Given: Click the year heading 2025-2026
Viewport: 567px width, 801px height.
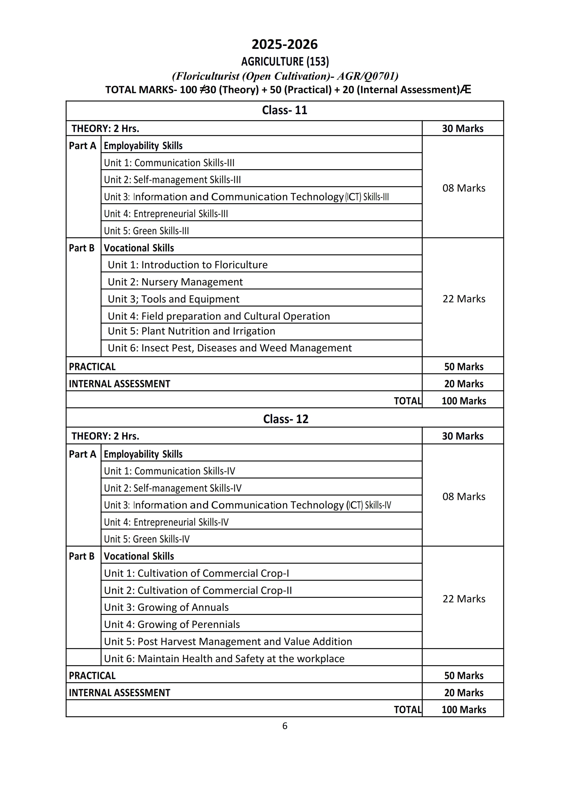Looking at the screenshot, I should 285,44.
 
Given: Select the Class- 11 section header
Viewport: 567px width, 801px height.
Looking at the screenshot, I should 285,110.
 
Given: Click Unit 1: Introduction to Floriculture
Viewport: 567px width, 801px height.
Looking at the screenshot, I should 187,265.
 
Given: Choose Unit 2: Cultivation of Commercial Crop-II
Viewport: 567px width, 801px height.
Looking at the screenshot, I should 198,590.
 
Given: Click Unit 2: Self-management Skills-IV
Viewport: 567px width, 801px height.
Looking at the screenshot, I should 172,488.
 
